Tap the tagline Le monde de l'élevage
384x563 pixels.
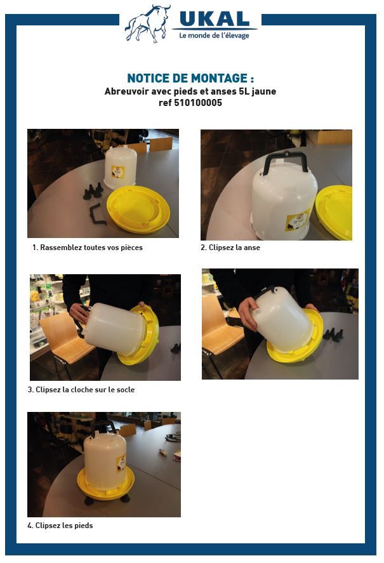click(214, 36)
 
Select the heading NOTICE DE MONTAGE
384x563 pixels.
click(190, 79)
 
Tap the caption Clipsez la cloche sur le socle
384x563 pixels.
click(81, 390)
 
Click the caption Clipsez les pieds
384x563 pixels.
click(60, 526)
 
